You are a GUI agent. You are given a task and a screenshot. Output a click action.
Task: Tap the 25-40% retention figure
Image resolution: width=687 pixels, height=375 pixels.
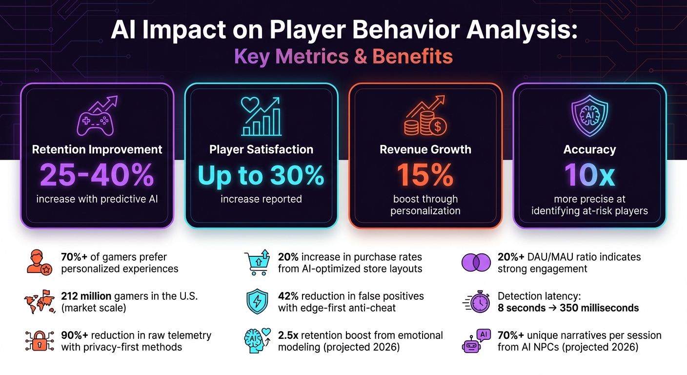[97, 175]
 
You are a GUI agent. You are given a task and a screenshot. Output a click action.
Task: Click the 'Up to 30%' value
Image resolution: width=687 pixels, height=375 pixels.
[261, 175]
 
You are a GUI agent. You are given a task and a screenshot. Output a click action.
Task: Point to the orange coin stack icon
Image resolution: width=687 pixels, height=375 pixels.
[425, 117]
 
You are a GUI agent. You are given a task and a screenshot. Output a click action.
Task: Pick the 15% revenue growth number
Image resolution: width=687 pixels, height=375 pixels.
[425, 175]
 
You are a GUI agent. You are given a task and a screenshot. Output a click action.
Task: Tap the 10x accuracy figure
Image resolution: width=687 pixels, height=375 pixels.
[589, 175]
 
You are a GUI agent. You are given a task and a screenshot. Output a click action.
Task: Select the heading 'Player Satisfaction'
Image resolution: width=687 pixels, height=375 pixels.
[261, 149]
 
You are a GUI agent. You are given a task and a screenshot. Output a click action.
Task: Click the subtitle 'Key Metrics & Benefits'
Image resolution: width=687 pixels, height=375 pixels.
[343, 57]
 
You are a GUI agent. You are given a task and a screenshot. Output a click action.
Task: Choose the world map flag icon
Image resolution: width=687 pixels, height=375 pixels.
[37, 302]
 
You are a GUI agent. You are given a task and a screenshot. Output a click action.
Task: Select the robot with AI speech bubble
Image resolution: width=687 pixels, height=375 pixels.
[476, 341]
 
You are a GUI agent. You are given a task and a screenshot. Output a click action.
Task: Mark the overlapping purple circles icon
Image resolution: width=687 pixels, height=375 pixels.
[476, 263]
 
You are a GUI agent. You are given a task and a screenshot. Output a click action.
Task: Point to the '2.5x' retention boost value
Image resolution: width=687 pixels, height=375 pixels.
[288, 335]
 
